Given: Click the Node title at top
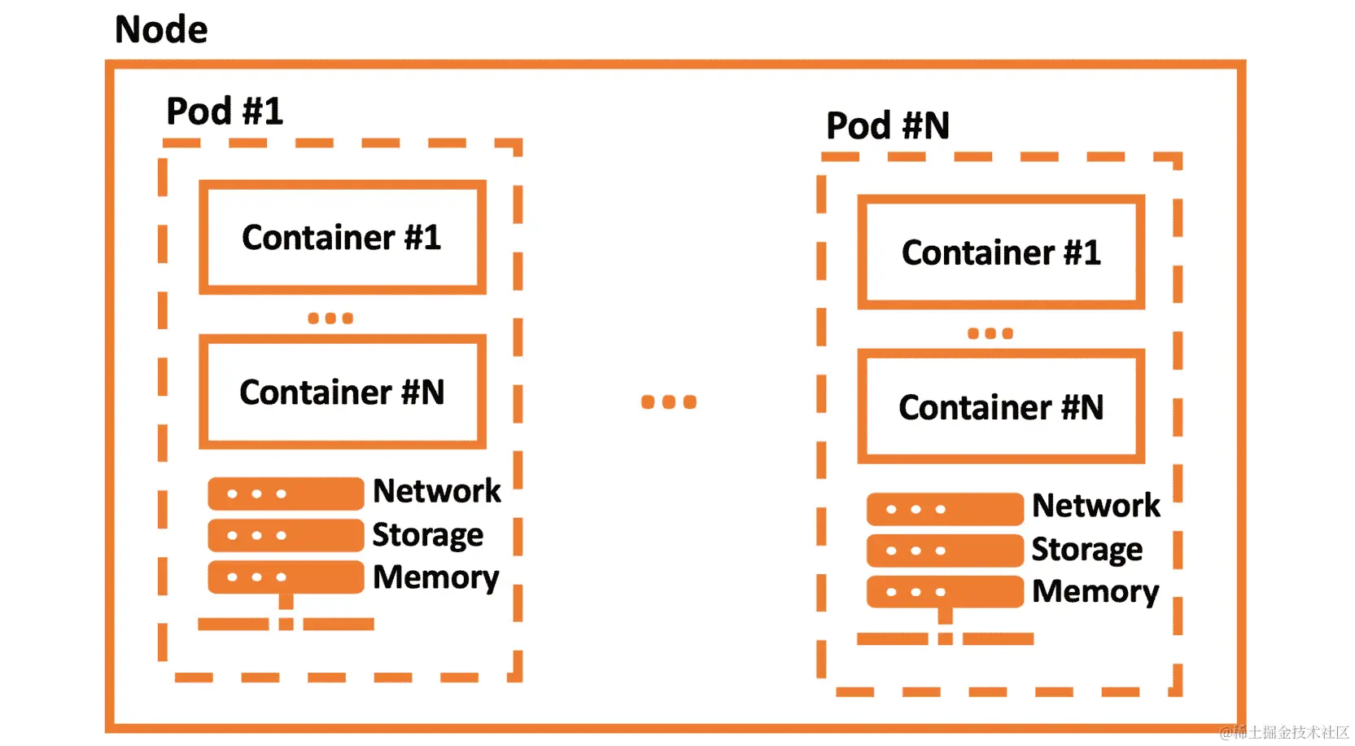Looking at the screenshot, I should (x=161, y=30).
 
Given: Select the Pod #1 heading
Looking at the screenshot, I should (x=225, y=112).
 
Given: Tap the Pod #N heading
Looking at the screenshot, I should (x=887, y=126).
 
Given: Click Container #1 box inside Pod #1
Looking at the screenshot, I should (x=342, y=237).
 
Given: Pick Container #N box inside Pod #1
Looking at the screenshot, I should (x=342, y=392).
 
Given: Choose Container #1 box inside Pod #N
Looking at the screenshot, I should (x=1001, y=252).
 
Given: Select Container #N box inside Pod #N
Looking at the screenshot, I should (x=1001, y=406).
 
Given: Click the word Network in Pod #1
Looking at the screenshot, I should (x=436, y=491).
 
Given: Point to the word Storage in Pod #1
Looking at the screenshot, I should (x=427, y=535).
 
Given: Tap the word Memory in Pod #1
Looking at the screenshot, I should (x=435, y=577).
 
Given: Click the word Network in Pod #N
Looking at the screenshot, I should (x=1095, y=506).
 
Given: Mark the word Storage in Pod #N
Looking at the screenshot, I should (x=1086, y=550).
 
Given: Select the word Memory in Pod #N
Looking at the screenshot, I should (x=1095, y=592).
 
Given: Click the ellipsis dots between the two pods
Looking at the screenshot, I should (x=668, y=402).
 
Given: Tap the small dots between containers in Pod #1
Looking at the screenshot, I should (x=330, y=318).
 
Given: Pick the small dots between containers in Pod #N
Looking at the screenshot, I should (x=990, y=333).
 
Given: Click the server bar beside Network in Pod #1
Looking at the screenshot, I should (x=285, y=494).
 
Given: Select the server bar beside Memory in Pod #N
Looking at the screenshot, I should (x=944, y=592).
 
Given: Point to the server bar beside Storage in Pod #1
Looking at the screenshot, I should (x=285, y=535).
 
